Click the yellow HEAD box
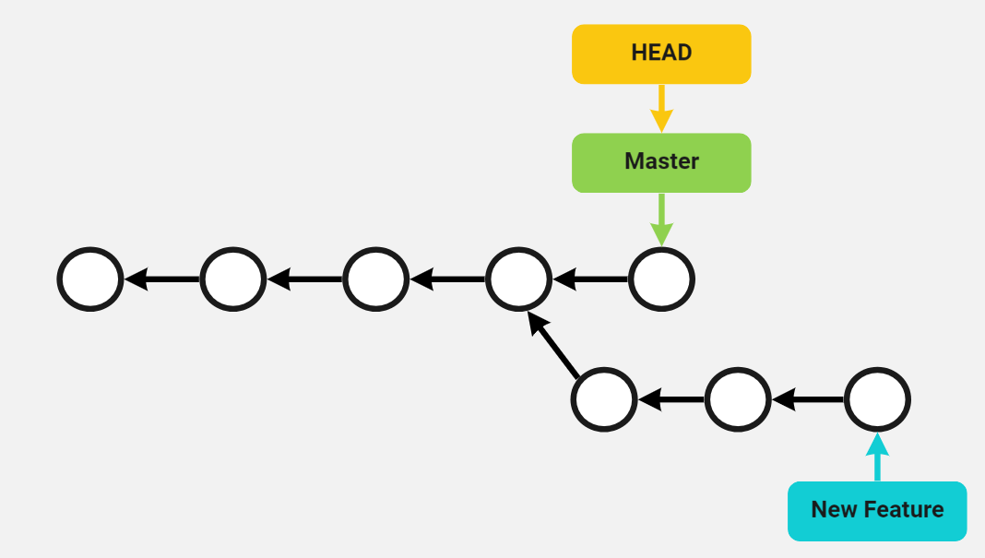coord(661,53)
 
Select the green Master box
coord(661,162)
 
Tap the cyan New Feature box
coord(877,510)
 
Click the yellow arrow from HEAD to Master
coord(661,109)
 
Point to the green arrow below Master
coord(661,220)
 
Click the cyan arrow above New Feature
coord(877,457)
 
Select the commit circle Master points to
coord(661,279)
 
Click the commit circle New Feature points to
coord(878,399)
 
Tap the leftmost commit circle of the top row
coord(90,279)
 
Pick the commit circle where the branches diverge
coord(518,279)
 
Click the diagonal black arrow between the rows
coord(553,345)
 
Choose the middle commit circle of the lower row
coord(738,399)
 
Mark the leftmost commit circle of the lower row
coord(604,399)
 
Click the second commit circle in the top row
coord(233,279)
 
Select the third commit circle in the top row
coord(375,279)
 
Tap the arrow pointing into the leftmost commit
coord(161,279)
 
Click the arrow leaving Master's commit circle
coord(590,279)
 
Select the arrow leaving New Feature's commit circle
coord(808,399)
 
